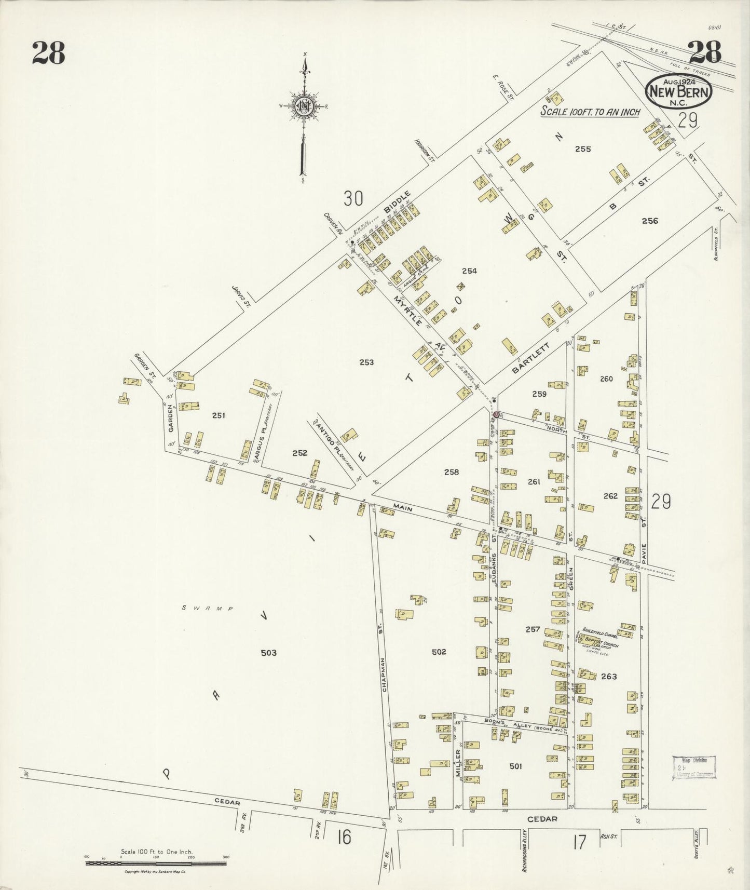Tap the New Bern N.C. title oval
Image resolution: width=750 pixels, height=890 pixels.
(x=679, y=90)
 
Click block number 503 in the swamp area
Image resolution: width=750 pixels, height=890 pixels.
(x=268, y=653)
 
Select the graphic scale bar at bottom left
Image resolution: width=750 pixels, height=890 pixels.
(x=155, y=863)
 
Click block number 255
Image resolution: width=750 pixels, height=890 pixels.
(x=583, y=149)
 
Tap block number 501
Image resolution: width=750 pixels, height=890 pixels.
(x=515, y=766)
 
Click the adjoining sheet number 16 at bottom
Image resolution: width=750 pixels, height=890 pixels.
(x=344, y=837)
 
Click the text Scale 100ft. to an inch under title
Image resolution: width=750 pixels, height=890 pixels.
(x=590, y=112)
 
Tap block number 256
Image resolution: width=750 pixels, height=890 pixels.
(x=649, y=221)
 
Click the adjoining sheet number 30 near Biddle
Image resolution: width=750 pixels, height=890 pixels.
(x=352, y=198)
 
